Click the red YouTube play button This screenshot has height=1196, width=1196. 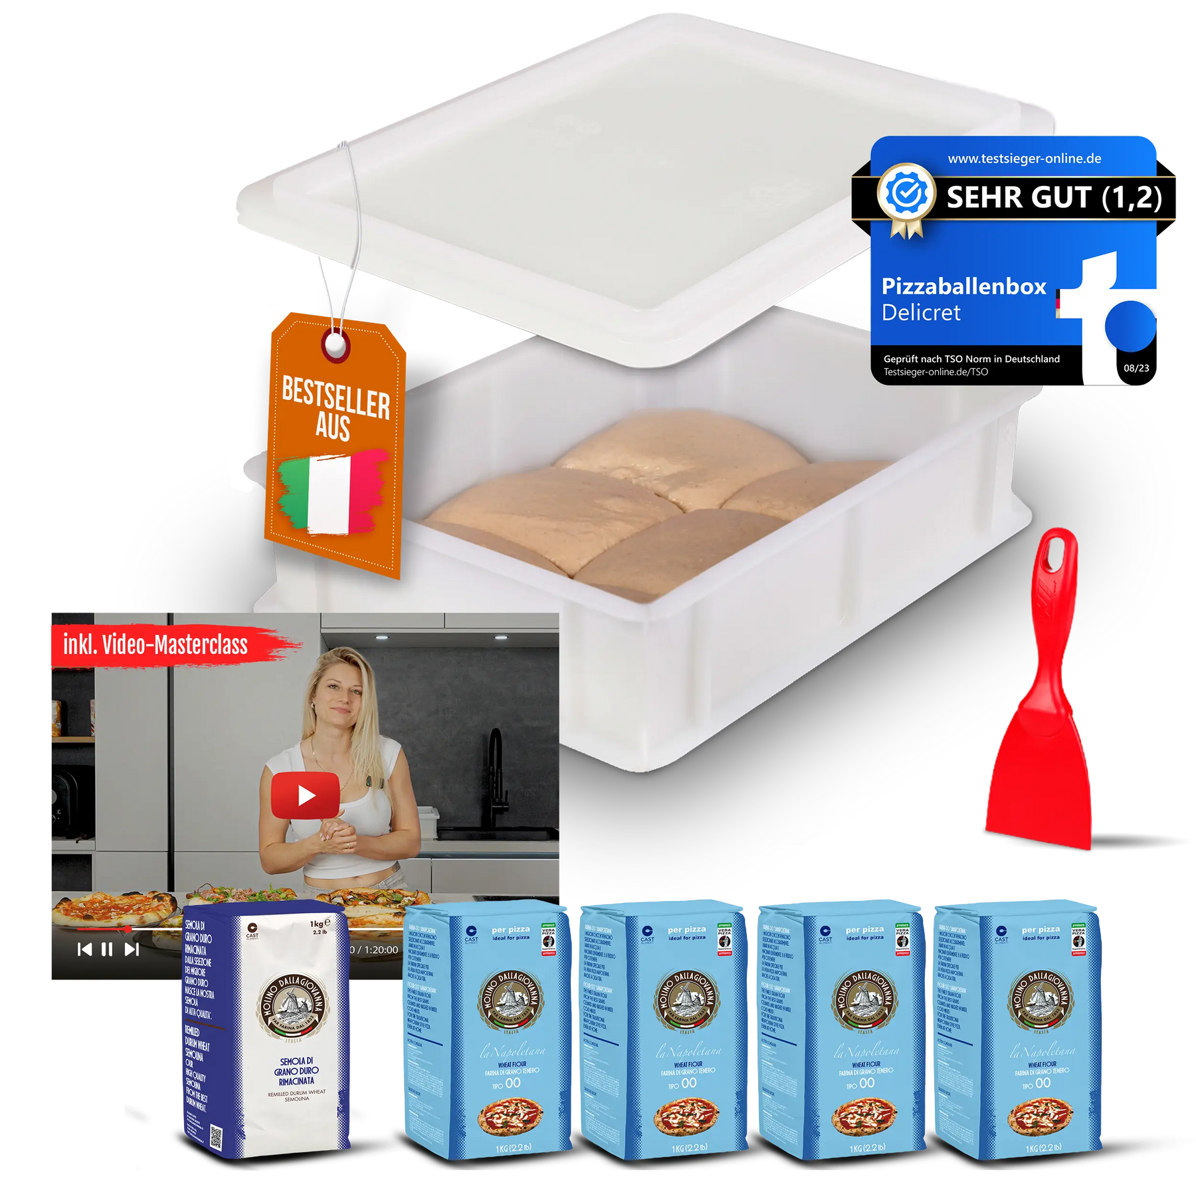[306, 795]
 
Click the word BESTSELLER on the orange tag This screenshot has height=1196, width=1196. [336, 397]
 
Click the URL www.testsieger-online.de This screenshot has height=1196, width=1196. [1024, 159]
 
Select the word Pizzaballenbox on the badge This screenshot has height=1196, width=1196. [963, 286]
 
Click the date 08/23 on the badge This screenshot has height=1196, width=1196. [1136, 368]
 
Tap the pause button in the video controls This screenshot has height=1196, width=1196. [106, 949]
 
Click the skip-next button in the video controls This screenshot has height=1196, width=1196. [132, 949]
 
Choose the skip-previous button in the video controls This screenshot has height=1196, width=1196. [84, 949]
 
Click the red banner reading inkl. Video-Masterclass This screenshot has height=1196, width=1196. [156, 645]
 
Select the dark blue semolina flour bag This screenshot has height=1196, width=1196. [266, 1030]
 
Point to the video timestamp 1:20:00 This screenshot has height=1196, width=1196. [379, 950]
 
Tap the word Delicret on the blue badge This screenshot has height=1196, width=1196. [921, 312]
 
